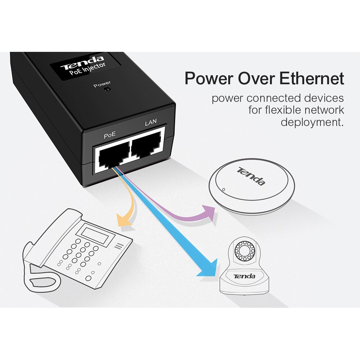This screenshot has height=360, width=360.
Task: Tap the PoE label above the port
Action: (109, 136)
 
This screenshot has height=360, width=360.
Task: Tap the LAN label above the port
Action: (150, 123)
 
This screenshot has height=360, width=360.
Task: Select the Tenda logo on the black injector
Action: (82, 63)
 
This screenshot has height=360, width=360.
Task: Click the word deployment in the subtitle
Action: (312, 122)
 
